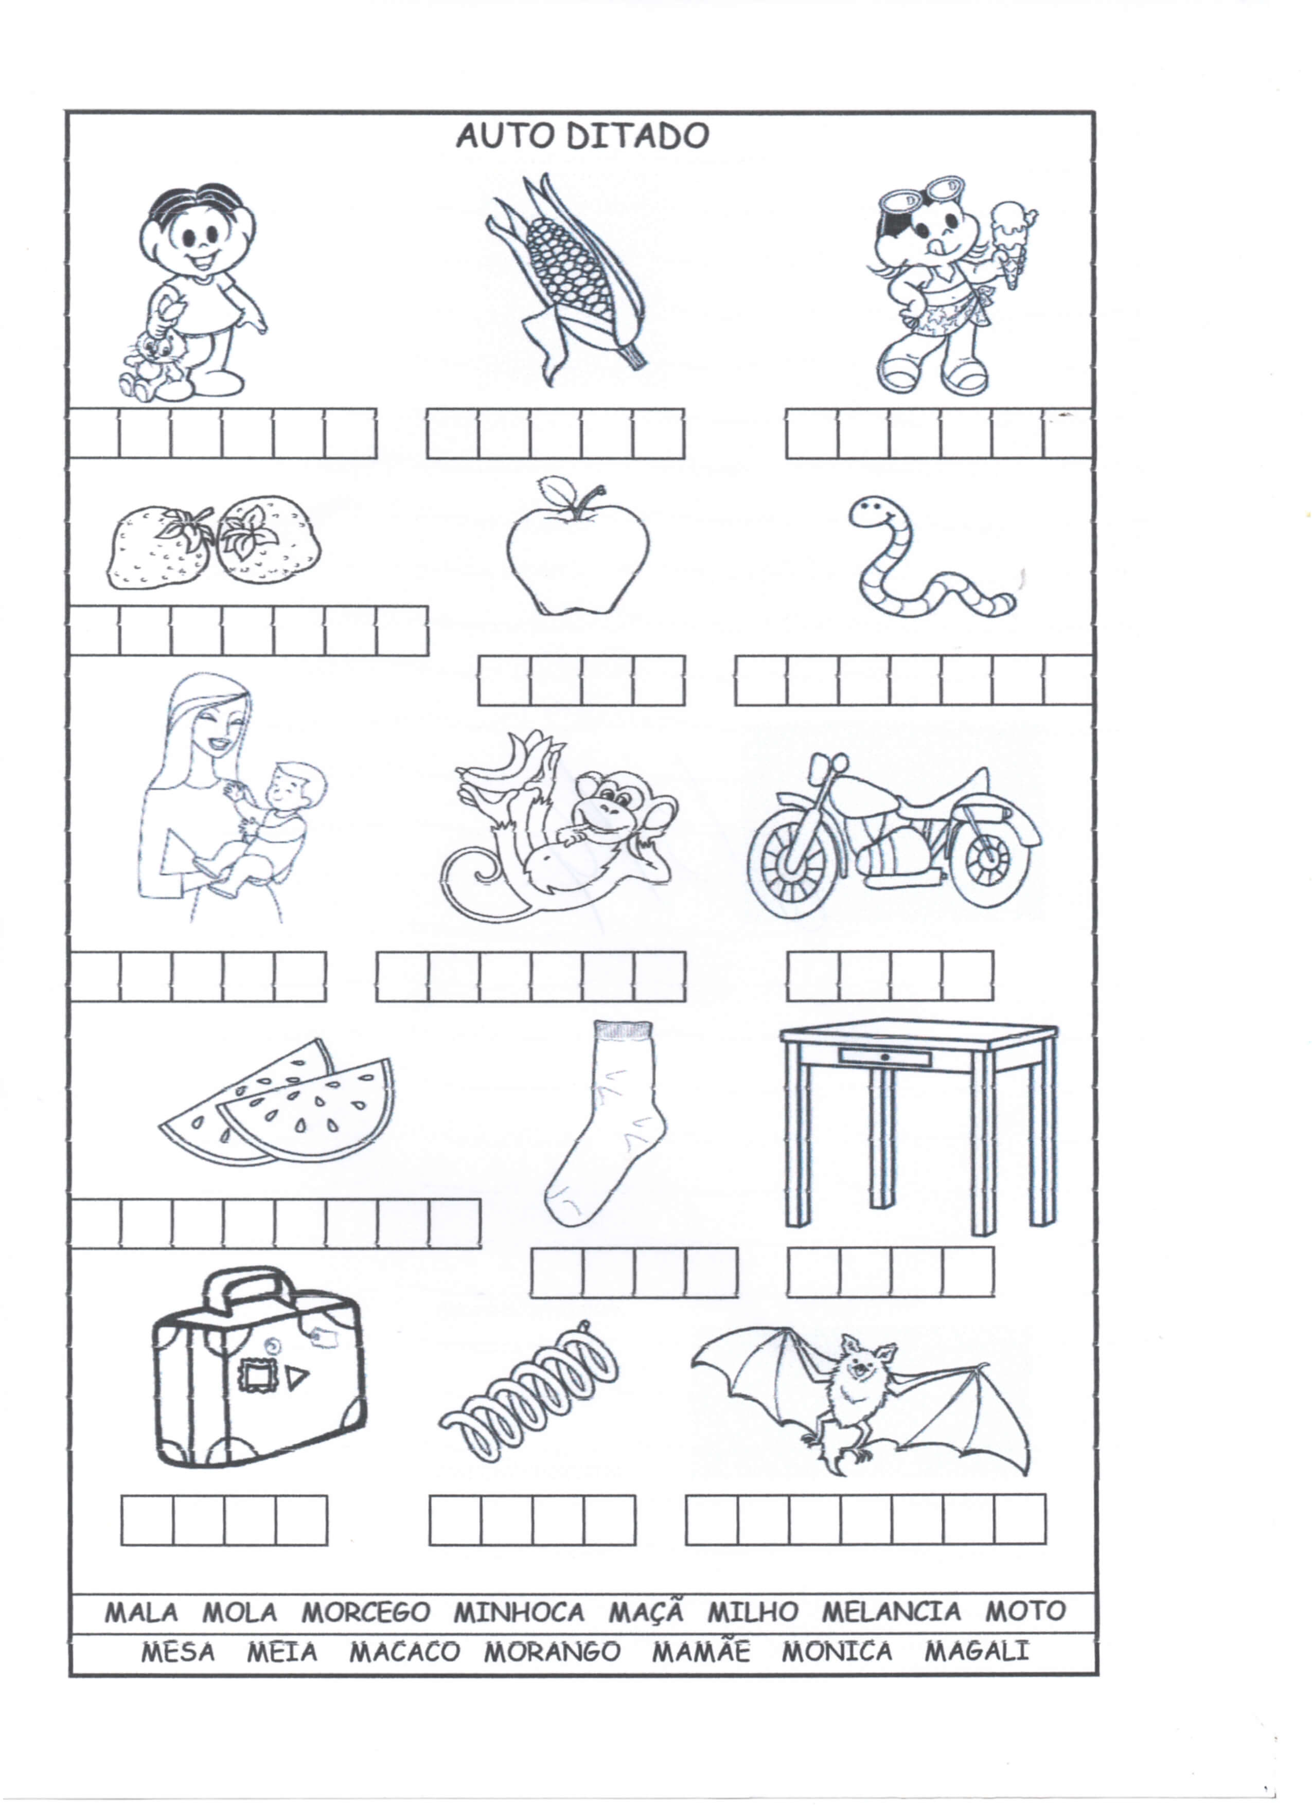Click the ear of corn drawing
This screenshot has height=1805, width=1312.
tap(567, 279)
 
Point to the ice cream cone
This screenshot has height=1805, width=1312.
tap(1013, 243)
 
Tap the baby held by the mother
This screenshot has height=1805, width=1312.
tap(263, 828)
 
